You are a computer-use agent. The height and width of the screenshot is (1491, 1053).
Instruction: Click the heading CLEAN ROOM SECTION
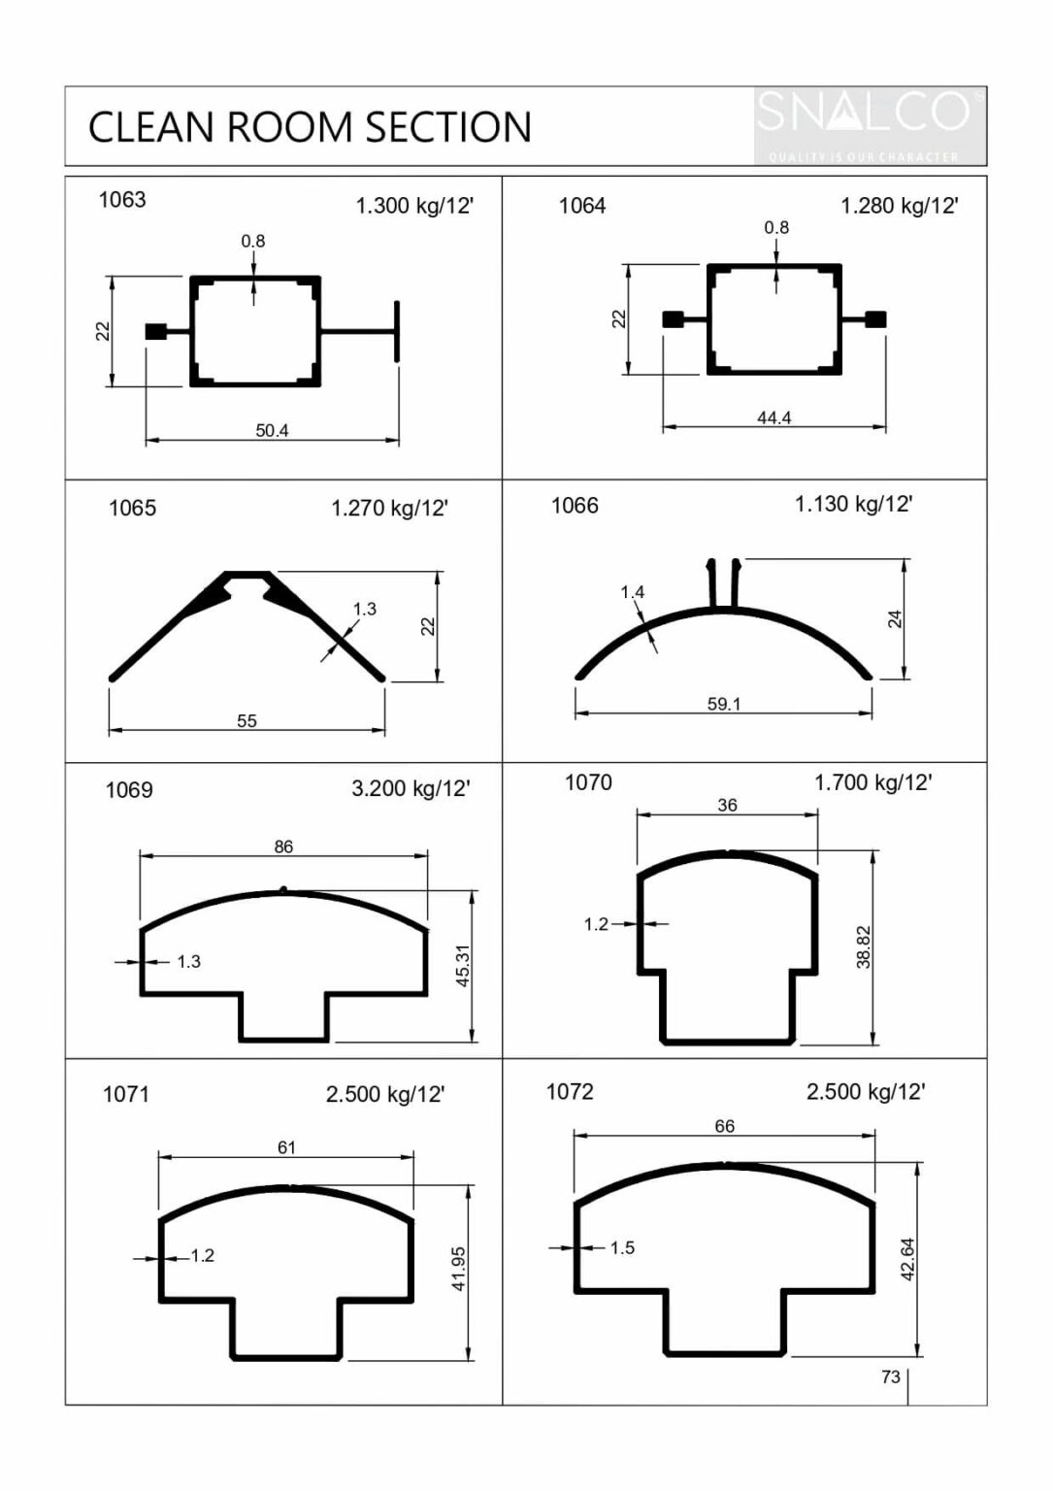310,127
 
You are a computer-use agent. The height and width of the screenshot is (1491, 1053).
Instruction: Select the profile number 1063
122,200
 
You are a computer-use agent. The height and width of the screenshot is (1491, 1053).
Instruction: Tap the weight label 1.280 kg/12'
899,206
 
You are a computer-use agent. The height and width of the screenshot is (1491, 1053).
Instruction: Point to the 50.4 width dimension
272,430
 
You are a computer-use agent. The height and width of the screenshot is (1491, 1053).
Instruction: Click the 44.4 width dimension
773,417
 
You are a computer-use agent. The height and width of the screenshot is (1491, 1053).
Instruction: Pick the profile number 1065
132,509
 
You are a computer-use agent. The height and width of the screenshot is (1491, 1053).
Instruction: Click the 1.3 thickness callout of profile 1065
364,609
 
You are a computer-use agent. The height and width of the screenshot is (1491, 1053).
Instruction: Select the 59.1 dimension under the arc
723,704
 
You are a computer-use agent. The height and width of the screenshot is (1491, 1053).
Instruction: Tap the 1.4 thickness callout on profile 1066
632,592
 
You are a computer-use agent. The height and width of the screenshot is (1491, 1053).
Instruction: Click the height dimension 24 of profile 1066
895,619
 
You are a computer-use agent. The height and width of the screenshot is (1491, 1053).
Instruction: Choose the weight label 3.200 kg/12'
411,788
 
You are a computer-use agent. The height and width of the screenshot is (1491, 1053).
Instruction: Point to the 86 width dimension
283,846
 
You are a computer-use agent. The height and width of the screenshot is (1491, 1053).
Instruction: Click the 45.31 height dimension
463,966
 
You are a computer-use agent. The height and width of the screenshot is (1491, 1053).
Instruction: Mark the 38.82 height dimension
864,946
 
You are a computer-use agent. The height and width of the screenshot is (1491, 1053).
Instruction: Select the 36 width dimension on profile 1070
727,805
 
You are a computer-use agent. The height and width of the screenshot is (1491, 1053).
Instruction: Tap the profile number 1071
126,1095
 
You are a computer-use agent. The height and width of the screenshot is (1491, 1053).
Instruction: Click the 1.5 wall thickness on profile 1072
622,1247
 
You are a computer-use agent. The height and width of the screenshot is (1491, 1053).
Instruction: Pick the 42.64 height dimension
908,1259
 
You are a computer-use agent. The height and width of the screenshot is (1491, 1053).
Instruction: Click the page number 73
890,1376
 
